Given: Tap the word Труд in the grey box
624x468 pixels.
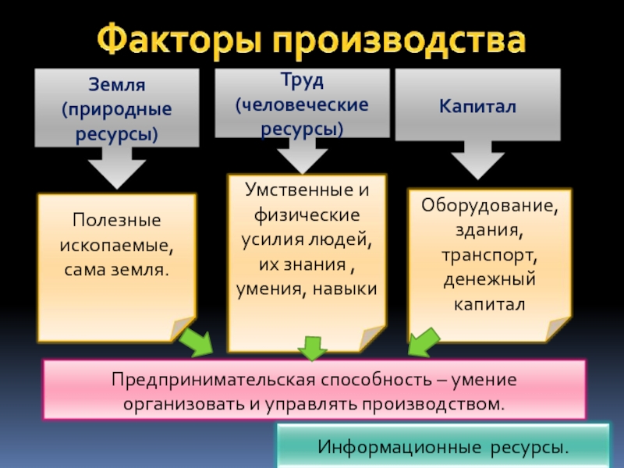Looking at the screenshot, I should point(302,80).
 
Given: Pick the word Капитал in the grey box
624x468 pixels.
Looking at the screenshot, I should point(477,106).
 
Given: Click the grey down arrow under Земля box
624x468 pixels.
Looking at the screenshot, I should point(117,167).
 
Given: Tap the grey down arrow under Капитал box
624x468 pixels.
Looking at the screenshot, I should point(477,162).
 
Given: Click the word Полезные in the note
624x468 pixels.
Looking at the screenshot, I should point(116,220).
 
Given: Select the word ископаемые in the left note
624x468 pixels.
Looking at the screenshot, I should point(116,245).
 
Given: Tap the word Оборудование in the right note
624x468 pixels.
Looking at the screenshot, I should point(491,207).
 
